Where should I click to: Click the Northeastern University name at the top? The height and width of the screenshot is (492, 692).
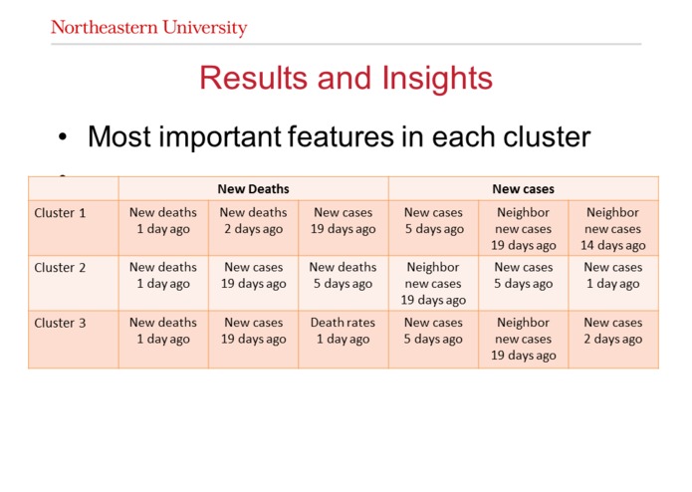click(x=148, y=27)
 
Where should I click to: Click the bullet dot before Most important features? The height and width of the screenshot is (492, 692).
click(x=63, y=137)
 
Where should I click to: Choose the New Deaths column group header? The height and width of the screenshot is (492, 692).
click(x=253, y=188)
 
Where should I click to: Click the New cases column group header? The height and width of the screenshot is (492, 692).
click(x=523, y=188)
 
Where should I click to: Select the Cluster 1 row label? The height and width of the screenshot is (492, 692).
click(x=60, y=213)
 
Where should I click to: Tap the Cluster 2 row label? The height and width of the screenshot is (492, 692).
click(x=60, y=268)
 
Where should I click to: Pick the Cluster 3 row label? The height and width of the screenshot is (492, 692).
click(x=60, y=323)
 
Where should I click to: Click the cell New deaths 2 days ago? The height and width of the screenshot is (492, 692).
click(x=253, y=221)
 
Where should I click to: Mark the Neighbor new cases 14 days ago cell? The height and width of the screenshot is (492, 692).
click(x=612, y=228)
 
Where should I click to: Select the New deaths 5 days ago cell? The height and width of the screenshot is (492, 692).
click(x=343, y=276)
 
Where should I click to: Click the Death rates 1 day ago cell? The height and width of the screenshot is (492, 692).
click(x=343, y=331)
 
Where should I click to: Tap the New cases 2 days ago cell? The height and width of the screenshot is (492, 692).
click(x=612, y=331)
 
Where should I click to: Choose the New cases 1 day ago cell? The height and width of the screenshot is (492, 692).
click(x=612, y=276)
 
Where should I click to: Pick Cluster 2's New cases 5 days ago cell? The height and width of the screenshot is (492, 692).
click(x=523, y=276)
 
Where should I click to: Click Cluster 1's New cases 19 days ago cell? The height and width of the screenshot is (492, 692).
click(x=343, y=221)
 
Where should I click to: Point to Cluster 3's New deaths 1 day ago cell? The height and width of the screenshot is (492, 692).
click(x=163, y=331)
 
